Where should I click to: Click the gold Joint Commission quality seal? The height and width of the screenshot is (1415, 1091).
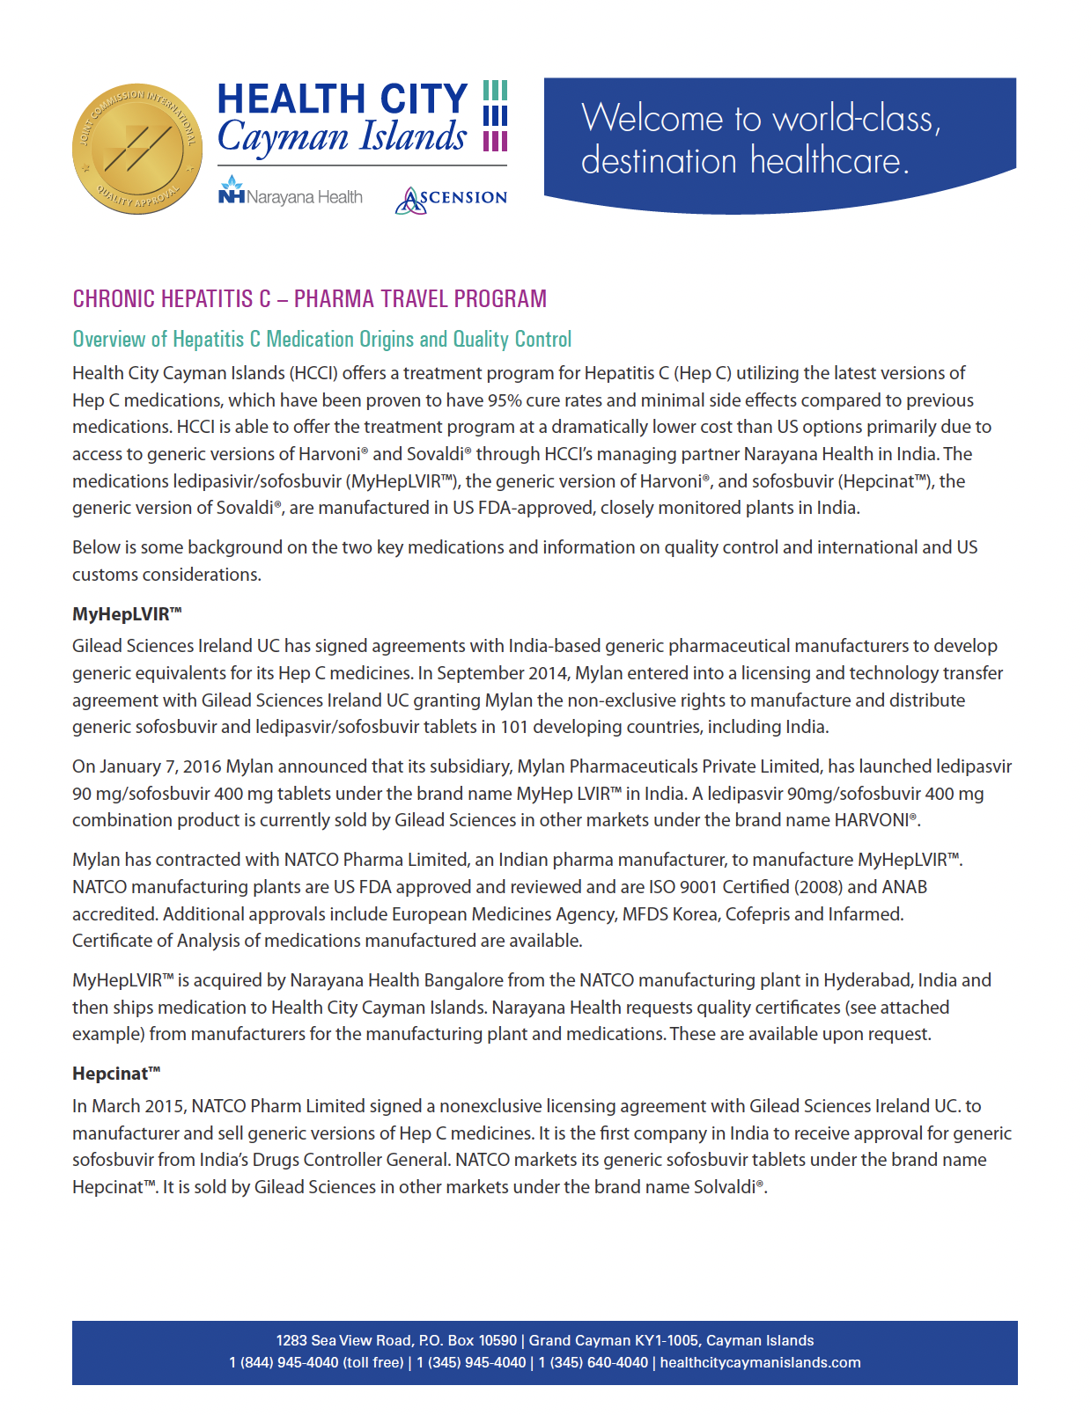click(136, 149)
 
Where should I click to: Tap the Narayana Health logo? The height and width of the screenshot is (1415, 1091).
click(290, 194)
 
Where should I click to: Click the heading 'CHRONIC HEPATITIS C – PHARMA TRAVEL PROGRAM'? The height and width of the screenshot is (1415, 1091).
click(309, 299)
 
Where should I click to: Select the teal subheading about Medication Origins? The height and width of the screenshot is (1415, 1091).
click(321, 340)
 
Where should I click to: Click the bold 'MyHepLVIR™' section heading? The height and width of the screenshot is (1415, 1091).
click(127, 614)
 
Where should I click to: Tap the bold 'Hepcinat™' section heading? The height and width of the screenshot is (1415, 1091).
click(116, 1074)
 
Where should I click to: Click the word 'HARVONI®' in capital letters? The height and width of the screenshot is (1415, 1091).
click(875, 820)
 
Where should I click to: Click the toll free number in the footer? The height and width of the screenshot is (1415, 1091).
click(316, 1363)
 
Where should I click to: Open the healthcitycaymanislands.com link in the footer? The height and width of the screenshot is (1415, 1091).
click(760, 1363)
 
